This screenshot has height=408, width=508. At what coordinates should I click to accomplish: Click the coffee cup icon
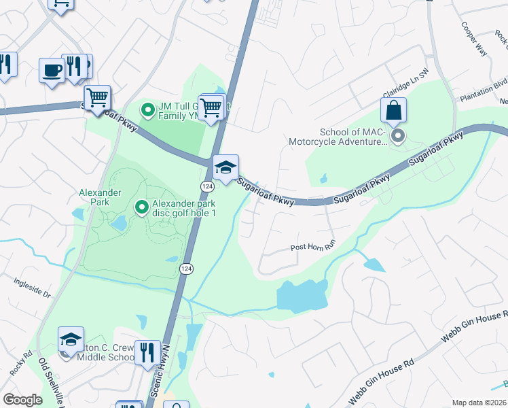click(52, 69)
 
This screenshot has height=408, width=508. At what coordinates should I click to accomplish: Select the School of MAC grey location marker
click(398, 137)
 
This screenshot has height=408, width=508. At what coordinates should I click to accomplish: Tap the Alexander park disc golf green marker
click(141, 206)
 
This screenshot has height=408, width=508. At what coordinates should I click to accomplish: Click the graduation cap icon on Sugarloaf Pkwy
click(225, 167)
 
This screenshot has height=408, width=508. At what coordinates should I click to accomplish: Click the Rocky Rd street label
click(18, 363)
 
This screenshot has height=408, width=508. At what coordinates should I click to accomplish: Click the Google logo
click(22, 400)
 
